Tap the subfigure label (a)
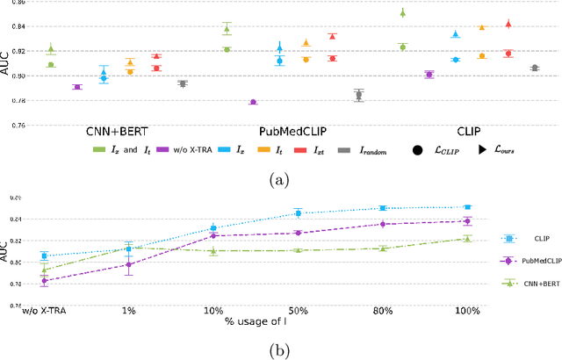(x=280, y=180)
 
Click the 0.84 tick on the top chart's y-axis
(x=18, y=26)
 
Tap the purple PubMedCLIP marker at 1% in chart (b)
(x=128, y=264)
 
